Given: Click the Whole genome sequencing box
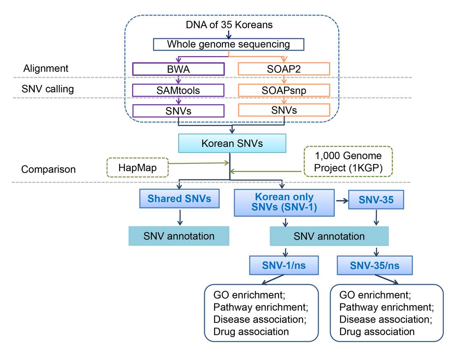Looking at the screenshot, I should (228, 44).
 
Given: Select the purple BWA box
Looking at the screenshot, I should (178, 69).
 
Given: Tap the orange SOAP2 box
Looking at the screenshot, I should (284, 69).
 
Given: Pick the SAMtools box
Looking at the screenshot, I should (178, 90).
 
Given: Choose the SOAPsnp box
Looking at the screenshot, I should (284, 90).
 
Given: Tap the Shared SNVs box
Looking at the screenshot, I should (179, 198).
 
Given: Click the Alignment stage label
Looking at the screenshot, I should (46, 69).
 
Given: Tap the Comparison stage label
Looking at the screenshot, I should (48, 169).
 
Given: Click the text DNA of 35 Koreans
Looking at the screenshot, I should (229, 26).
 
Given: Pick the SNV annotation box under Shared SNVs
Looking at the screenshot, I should (179, 236).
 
